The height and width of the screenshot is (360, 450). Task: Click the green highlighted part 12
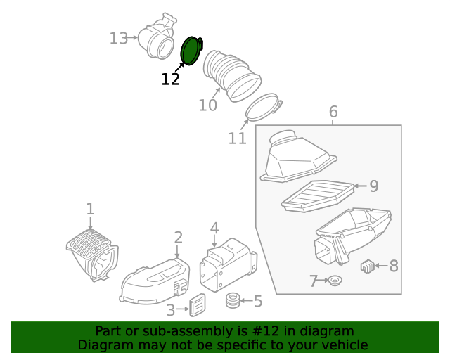(190, 51)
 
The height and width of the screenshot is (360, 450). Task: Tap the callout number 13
(119, 38)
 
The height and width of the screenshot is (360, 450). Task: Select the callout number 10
(207, 105)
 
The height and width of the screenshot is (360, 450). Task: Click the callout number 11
(238, 139)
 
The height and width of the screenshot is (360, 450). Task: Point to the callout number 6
(333, 112)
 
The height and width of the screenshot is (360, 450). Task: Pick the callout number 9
(374, 186)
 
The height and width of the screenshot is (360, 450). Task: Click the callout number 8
(394, 266)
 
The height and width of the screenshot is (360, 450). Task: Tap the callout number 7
(314, 282)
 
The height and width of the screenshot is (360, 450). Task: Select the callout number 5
(257, 302)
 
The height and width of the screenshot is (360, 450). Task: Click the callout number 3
(171, 309)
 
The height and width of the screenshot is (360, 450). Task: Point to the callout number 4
(214, 228)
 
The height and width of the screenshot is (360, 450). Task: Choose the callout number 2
(179, 238)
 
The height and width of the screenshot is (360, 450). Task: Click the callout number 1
(90, 209)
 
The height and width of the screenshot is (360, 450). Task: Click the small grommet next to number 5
(233, 301)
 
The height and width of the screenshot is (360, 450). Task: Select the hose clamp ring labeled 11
(263, 108)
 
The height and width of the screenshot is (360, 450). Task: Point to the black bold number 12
(171, 79)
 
